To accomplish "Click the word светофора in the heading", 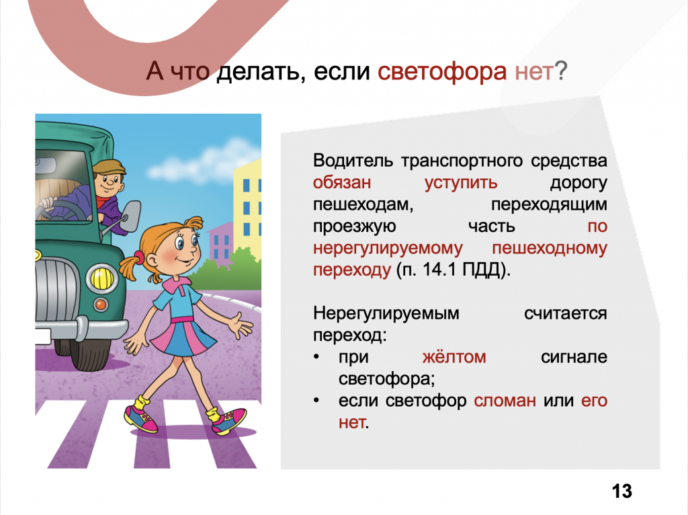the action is [442, 71].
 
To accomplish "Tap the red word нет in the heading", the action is [534, 71].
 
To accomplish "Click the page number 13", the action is [622, 491].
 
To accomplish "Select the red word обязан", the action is [342, 183].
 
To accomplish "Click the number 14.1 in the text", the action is [440, 270].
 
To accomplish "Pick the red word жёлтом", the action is [454, 357].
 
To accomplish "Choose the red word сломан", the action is [505, 401].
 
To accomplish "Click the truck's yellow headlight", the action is [102, 279].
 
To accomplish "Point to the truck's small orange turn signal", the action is [101, 304].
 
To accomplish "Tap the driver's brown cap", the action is [110, 166].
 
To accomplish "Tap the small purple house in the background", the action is [220, 243].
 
